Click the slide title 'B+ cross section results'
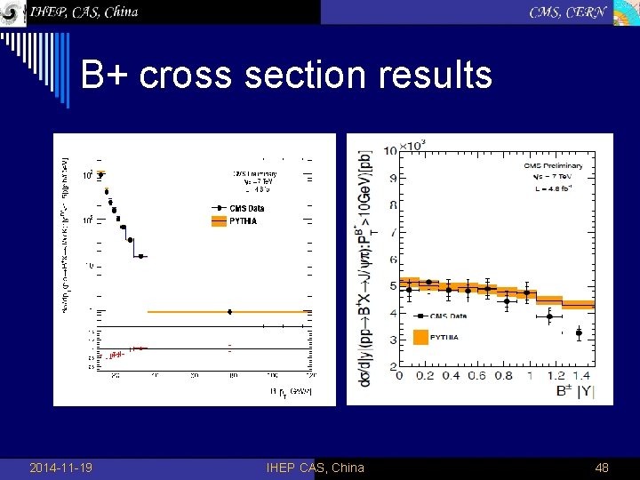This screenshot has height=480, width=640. coord(286,75)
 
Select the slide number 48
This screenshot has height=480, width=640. coord(601,468)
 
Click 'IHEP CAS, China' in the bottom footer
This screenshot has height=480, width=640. coord(315,468)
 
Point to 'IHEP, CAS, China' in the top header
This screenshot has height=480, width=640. coord(84,12)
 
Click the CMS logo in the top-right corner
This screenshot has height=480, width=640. coord(626,12)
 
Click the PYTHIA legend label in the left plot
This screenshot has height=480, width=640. coord(243,220)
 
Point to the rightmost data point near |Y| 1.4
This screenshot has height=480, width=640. coord(579,333)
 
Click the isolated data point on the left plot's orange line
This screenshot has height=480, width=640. coord(230,312)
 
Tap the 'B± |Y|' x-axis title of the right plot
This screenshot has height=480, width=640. coord(570,390)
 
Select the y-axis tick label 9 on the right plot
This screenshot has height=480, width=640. coord(392,178)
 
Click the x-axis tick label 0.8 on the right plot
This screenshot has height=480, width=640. coord(503,375)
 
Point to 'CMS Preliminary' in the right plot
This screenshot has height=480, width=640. coord(553,165)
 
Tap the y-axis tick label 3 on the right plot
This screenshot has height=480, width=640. coord(392,340)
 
